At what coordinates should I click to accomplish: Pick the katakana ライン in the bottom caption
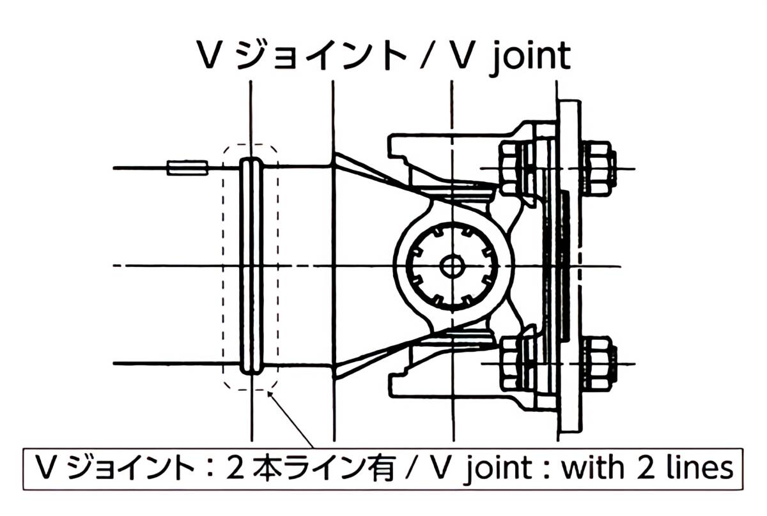tap(323, 468)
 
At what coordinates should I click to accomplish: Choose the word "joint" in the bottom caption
tap(499, 468)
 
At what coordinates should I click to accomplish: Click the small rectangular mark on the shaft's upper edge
tap(187, 168)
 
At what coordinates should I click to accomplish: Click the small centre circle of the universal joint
tap(453, 265)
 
